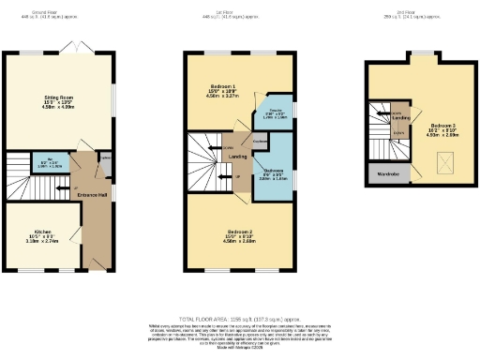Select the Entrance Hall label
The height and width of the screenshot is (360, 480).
coord(92,195)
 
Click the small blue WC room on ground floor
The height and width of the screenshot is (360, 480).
coord(54,163)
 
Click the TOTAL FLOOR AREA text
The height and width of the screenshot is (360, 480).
coord(239,317)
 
